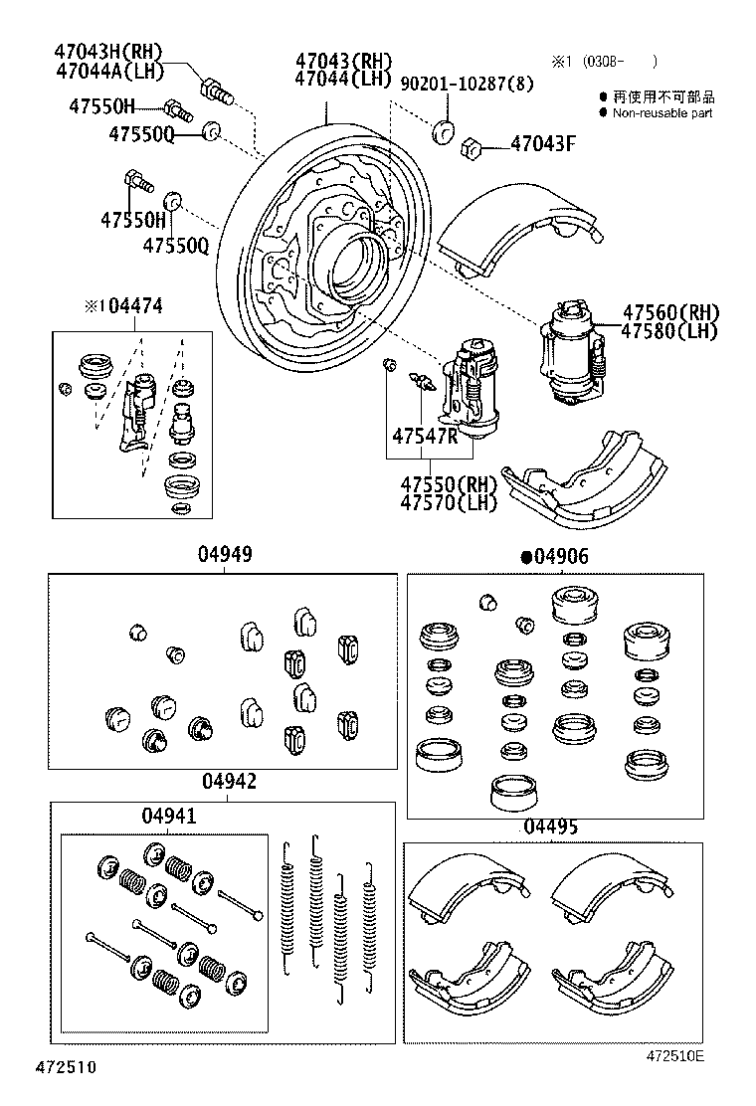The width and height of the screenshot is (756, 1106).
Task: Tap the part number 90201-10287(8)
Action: pyautogui.click(x=467, y=85)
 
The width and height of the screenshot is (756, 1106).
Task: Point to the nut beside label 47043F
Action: pyautogui.click(x=472, y=149)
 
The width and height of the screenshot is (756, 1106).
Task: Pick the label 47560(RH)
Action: pyautogui.click(x=670, y=312)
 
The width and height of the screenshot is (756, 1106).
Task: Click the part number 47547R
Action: pyautogui.click(x=424, y=436)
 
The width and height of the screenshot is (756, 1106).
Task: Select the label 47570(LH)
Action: pyautogui.click(x=448, y=502)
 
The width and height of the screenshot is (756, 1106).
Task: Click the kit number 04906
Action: pyautogui.click(x=561, y=557)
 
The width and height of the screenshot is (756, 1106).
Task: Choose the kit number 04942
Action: pyautogui.click(x=229, y=782)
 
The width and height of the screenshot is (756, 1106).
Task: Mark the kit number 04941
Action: pyautogui.click(x=168, y=816)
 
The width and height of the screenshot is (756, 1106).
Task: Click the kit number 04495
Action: pyautogui.click(x=550, y=827)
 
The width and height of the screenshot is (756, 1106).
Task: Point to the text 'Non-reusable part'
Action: pyautogui.click(x=661, y=113)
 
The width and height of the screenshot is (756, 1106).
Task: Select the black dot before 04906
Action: pyautogui.click(x=526, y=558)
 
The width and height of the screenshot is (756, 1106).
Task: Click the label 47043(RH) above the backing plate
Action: pyautogui.click(x=343, y=60)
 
